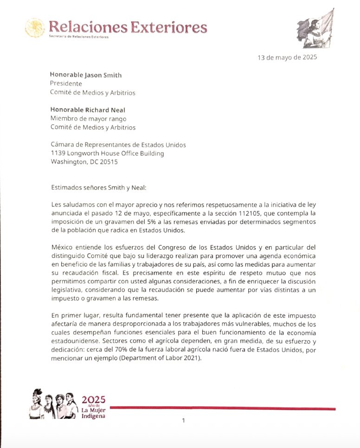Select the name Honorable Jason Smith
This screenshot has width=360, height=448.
tap(86, 75)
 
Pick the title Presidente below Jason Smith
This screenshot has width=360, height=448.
tap(66, 83)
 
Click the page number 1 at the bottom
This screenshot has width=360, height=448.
tap(184, 420)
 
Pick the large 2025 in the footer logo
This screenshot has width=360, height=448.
tap(93, 399)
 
